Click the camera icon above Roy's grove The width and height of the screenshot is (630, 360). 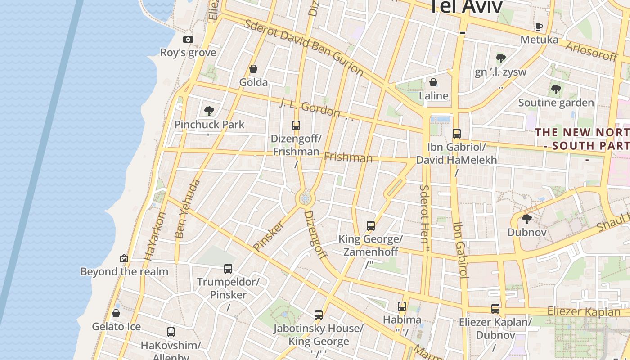[188, 40]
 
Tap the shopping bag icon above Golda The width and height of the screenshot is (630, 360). [253, 69]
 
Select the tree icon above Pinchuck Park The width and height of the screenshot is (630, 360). [209, 111]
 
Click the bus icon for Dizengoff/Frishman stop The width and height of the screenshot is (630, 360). [296, 126]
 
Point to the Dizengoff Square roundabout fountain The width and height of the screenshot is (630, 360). [305, 198]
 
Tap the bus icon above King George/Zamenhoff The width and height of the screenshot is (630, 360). [371, 226]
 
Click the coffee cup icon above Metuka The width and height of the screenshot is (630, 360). [539, 27]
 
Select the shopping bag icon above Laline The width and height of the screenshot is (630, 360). [433, 82]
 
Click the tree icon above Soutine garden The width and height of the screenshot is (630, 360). [556, 90]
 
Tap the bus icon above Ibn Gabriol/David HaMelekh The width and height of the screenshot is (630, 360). [457, 134]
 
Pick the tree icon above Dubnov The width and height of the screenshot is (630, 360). [526, 219]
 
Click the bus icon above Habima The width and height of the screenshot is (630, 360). [402, 306]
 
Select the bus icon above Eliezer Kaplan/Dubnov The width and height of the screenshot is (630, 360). [495, 309]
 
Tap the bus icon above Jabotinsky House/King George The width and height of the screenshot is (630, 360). [319, 315]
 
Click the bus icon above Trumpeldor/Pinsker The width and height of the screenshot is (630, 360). [228, 269]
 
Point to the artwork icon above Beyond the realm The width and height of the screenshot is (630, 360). [124, 258]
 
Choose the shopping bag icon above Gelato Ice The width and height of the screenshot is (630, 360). [116, 313]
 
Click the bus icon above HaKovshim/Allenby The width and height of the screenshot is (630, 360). [171, 332]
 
